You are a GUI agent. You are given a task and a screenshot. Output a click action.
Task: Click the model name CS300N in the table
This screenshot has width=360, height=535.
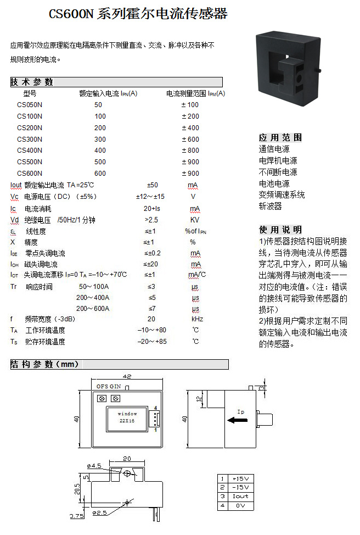[x=30, y=139]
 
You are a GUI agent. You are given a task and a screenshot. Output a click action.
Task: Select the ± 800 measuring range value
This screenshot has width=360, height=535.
[x=190, y=151]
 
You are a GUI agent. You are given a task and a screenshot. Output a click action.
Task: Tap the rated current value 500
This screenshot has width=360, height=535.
[x=100, y=161]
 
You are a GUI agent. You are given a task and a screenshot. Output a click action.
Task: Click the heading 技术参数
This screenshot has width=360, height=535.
[x=32, y=82]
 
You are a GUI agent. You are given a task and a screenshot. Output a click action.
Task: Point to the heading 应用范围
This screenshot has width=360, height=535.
[x=280, y=137]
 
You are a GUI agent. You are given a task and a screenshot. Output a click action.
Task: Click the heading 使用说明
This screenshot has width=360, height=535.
[x=280, y=230]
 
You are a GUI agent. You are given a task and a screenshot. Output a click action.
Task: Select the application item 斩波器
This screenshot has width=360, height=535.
[x=271, y=206]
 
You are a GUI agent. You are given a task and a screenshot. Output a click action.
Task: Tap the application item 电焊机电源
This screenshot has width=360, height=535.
[x=278, y=160]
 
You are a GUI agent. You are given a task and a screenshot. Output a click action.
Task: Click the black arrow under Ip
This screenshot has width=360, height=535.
[x=237, y=420]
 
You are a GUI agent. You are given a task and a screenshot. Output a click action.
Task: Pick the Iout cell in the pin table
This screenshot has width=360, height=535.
[x=240, y=497]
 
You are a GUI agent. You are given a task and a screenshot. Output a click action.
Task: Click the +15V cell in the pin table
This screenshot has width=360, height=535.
[x=240, y=479]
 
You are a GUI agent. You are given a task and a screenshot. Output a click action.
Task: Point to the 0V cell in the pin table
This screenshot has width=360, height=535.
[x=240, y=506]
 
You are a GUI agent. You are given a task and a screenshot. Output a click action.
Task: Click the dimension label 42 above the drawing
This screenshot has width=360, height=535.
[x=127, y=376]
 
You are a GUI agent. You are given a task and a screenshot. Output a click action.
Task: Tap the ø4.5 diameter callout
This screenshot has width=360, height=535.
[x=94, y=466]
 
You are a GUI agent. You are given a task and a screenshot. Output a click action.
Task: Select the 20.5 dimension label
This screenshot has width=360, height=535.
[x=77, y=489]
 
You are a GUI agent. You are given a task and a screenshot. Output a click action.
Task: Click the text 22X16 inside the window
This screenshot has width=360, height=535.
[x=127, y=421]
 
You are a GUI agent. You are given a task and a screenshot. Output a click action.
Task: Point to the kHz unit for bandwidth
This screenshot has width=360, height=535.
[x=197, y=319]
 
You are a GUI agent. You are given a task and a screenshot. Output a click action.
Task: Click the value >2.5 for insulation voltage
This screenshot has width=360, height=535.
[x=151, y=220]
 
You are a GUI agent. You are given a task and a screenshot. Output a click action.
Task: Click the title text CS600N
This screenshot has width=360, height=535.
[x=71, y=14]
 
